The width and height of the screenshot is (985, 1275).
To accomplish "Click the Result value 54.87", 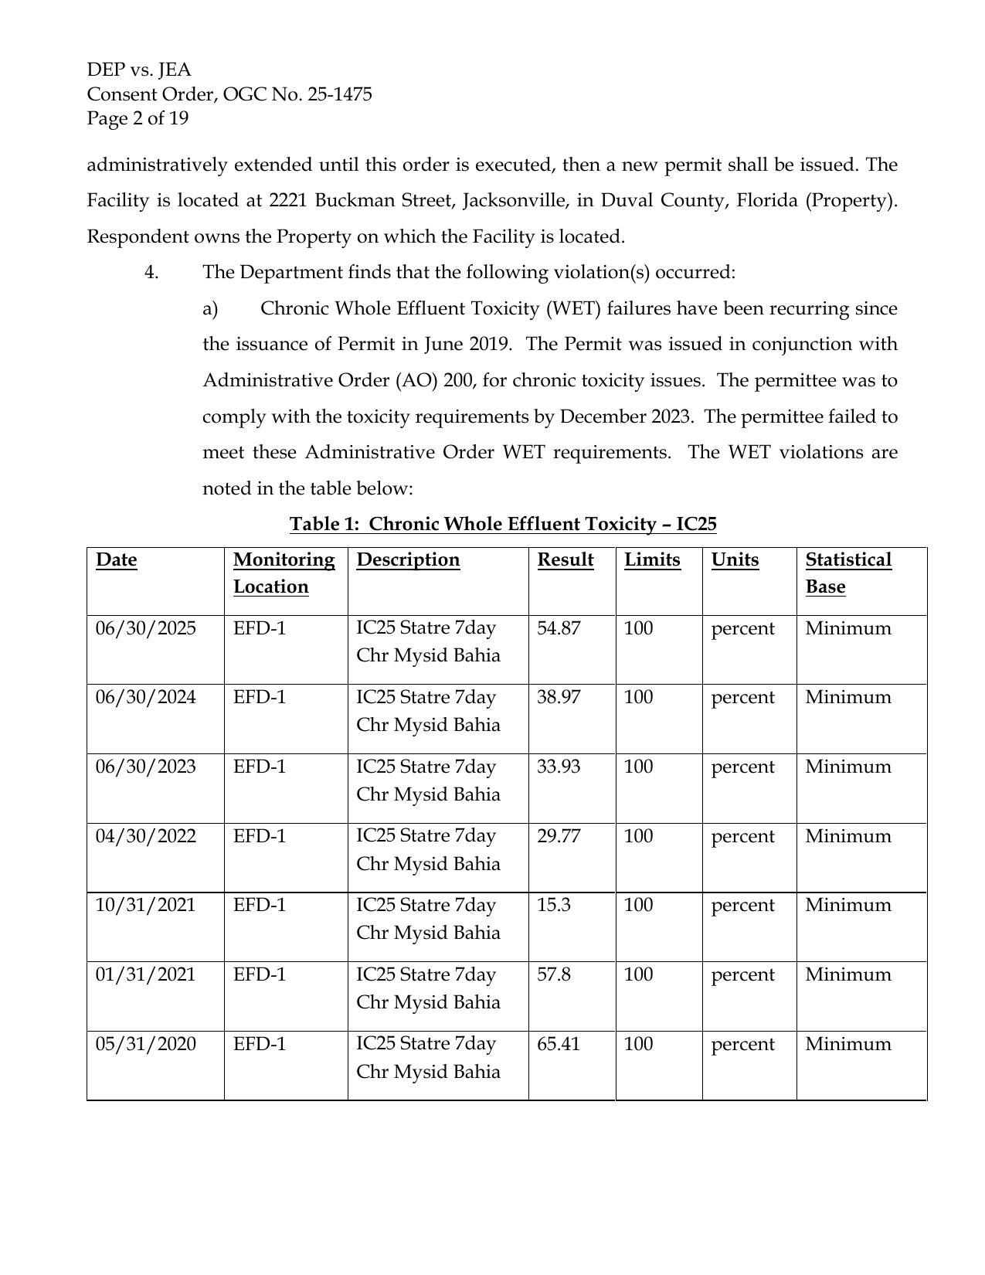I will click(x=558, y=628).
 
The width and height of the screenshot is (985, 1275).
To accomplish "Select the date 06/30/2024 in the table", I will click(x=145, y=697).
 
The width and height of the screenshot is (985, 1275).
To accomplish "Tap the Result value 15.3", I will click(x=553, y=905).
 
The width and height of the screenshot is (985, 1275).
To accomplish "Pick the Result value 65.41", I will click(x=558, y=1044).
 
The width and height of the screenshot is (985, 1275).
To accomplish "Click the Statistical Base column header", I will click(x=847, y=573).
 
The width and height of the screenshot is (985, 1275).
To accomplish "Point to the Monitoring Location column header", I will click(x=284, y=573).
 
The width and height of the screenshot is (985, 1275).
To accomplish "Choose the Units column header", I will click(x=735, y=559).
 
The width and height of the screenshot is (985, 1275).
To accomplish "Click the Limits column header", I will click(x=652, y=559).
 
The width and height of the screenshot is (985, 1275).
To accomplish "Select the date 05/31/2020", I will click(x=145, y=1044).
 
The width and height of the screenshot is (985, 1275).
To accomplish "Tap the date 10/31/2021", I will click(x=145, y=905).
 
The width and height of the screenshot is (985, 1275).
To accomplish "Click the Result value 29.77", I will click(x=558, y=836).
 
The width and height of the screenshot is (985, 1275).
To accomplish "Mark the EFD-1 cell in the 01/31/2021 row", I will click(x=259, y=974).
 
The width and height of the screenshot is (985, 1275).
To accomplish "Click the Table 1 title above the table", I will click(x=503, y=524).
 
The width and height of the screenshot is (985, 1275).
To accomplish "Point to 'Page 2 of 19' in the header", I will click(x=138, y=118).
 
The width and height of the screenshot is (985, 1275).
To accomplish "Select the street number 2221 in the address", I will click(x=286, y=200).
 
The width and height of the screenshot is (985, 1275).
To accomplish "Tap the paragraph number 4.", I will click(x=151, y=272).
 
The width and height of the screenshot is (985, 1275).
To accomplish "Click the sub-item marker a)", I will click(x=210, y=308).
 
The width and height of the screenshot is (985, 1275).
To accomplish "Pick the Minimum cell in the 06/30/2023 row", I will click(x=847, y=767).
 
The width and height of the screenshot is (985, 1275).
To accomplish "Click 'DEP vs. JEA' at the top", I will click(x=139, y=70).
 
